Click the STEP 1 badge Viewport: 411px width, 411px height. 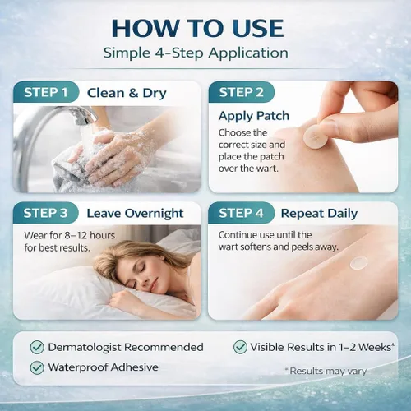[x=46, y=92]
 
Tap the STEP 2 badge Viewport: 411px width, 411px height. [x=241, y=92]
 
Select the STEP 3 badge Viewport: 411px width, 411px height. [x=45, y=213]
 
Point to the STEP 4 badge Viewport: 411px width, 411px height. [x=241, y=213]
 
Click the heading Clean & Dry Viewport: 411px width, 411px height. [x=127, y=93]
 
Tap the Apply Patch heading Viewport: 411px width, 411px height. [x=254, y=116]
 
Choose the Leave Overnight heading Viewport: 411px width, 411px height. [x=135, y=214]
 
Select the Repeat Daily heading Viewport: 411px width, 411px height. [x=319, y=214]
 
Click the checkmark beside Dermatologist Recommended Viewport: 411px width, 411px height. [x=37, y=348]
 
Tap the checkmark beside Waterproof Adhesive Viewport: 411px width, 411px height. [x=37, y=367]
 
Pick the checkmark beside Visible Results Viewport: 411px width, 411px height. [x=240, y=347]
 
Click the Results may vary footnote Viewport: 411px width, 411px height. [x=326, y=371]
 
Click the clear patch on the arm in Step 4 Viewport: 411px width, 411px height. [x=358, y=262]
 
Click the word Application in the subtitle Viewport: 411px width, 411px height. [x=248, y=53]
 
